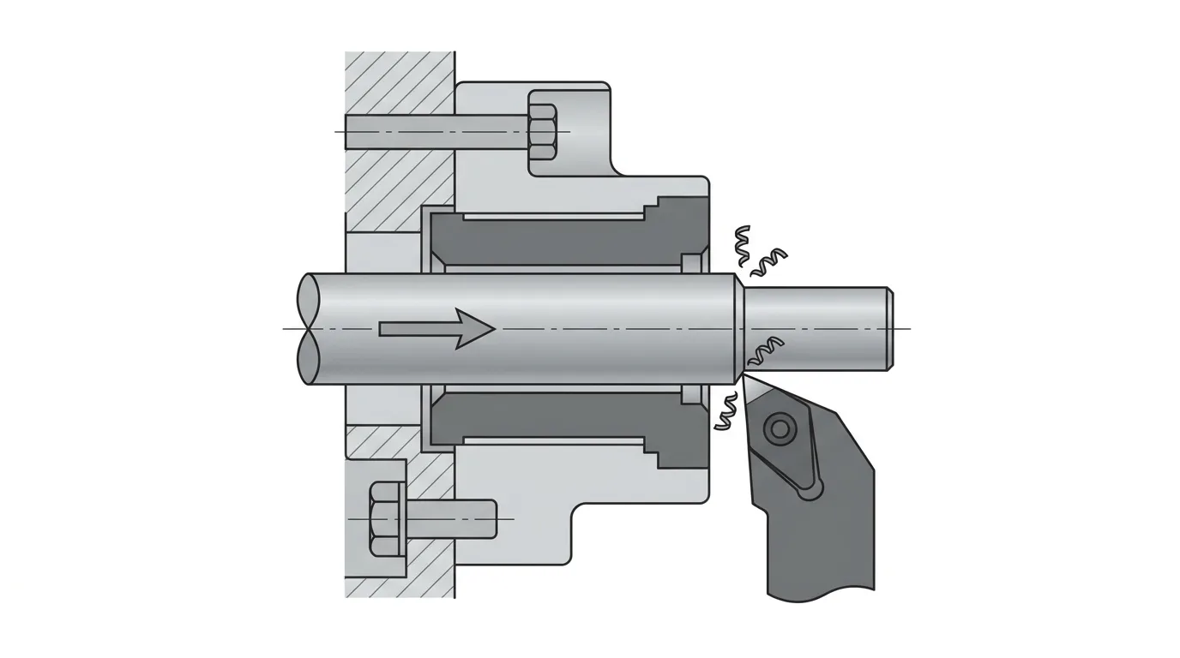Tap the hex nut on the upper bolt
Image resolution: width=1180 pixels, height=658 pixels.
(542, 131)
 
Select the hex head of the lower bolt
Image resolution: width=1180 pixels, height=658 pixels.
(386, 519)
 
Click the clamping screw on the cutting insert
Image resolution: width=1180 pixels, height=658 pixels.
(780, 427)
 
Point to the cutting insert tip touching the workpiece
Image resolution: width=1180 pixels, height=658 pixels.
(744, 377)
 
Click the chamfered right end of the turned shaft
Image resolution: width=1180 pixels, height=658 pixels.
(888, 329)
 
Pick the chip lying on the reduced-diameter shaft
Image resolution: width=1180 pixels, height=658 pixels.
(766, 350)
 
